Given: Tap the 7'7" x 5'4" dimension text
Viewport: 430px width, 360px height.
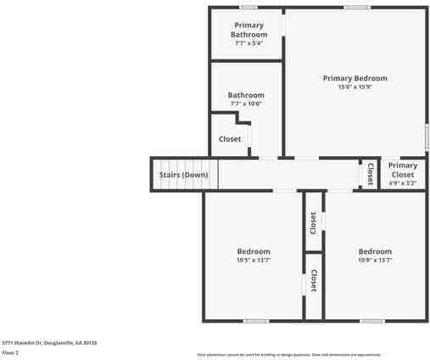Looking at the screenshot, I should tap(249, 42).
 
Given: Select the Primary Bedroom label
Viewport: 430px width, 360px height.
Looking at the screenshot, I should tap(355, 78).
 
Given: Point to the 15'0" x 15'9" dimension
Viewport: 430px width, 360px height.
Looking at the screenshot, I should tap(355, 87).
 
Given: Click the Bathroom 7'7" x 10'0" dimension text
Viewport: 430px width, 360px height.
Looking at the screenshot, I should tap(246, 104).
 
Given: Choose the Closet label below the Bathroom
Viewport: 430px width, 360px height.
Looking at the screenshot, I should tap(230, 139).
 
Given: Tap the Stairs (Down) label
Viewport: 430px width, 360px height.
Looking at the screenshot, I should tap(183, 175).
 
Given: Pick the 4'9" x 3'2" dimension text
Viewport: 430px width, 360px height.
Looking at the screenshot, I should tap(403, 183).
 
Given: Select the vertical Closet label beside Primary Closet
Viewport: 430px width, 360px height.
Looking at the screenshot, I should tap(370, 173).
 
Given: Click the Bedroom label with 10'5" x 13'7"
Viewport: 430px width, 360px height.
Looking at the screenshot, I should tap(254, 251).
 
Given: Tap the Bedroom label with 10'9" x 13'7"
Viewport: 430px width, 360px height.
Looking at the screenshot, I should tap(375, 251).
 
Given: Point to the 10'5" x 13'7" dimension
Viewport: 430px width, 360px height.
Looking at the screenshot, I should tap(254, 261).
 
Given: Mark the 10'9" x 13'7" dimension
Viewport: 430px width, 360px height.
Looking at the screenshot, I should tap(375, 261).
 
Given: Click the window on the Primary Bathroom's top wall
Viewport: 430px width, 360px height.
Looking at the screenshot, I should tap(248, 8).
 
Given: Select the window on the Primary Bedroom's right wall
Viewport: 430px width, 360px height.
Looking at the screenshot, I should tap(427, 137).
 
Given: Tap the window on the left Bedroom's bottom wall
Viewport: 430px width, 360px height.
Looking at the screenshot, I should tap(256, 321).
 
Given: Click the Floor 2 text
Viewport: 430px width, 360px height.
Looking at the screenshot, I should tap(10, 352).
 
